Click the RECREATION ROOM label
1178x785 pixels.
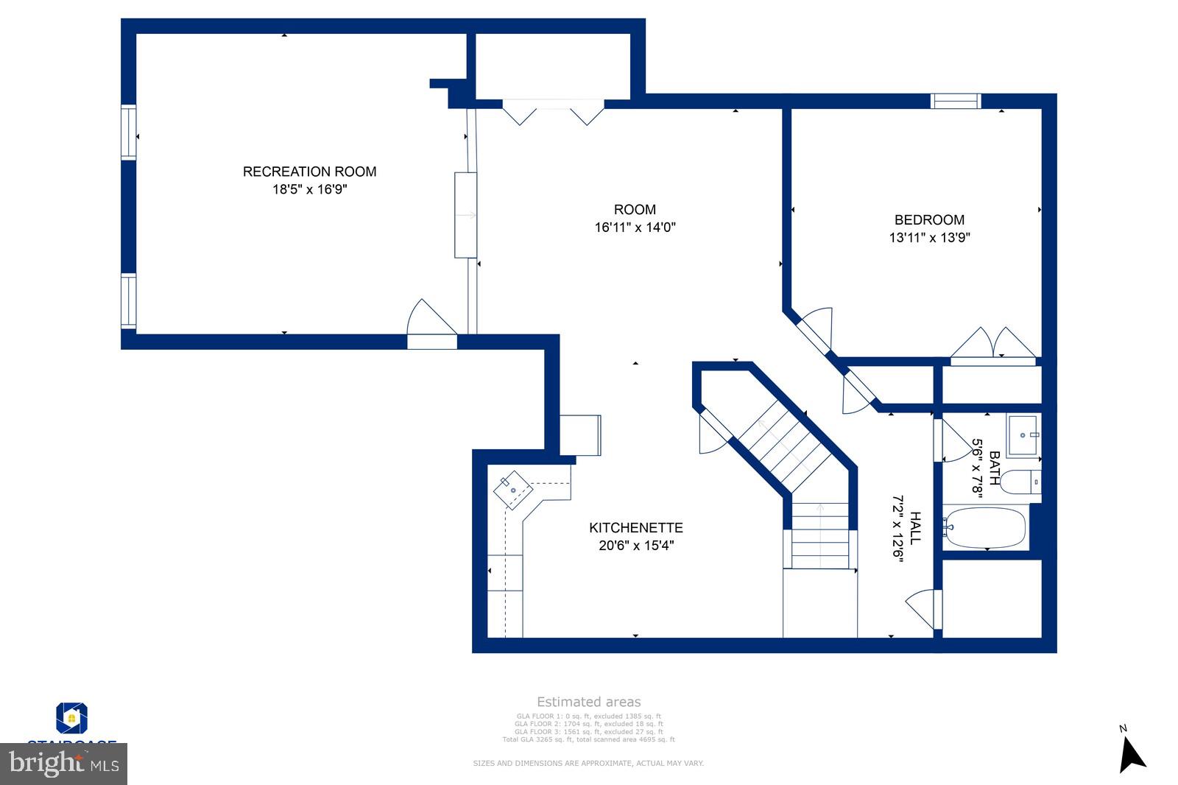[x=309, y=172]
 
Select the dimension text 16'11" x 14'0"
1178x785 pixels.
[x=635, y=228]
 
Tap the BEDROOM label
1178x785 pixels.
[x=929, y=219]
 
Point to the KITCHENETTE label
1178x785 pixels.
[x=635, y=527]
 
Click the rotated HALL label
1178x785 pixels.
[x=915, y=528]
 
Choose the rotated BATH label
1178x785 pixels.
[x=994, y=468]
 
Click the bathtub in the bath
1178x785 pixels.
[x=985, y=527]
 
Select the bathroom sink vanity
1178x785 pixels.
[x=1023, y=434]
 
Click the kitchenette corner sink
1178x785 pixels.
[x=513, y=489]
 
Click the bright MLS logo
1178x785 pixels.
[x=64, y=764]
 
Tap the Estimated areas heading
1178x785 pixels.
[x=588, y=702]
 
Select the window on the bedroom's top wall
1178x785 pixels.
[x=956, y=101]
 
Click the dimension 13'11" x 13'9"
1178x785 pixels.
[x=929, y=238]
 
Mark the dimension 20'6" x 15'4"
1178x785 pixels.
[x=635, y=546]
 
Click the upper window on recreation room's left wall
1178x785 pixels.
[x=129, y=133]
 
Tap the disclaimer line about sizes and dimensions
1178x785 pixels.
[x=588, y=763]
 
